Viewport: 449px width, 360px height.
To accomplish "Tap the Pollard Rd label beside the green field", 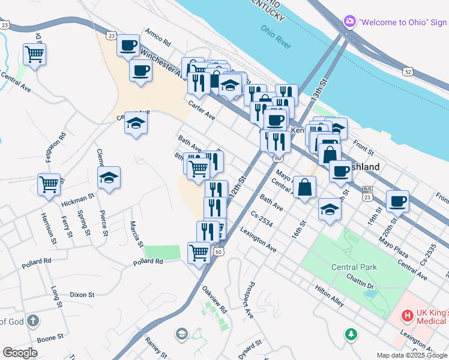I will [x=148, y=262].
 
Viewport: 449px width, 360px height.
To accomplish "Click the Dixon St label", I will [x=82, y=295].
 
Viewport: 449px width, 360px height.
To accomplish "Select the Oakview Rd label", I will [x=214, y=299].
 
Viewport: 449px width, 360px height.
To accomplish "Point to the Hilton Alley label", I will [x=330, y=296].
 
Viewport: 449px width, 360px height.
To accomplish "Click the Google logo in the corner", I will [x=20, y=353].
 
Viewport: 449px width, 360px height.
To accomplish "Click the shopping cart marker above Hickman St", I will [x=49, y=184].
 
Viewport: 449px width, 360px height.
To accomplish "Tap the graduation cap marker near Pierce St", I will [x=109, y=178].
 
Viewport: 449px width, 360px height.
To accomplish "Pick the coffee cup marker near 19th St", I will [x=397, y=200].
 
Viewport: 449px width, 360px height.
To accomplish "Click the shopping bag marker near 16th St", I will [x=304, y=187].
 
